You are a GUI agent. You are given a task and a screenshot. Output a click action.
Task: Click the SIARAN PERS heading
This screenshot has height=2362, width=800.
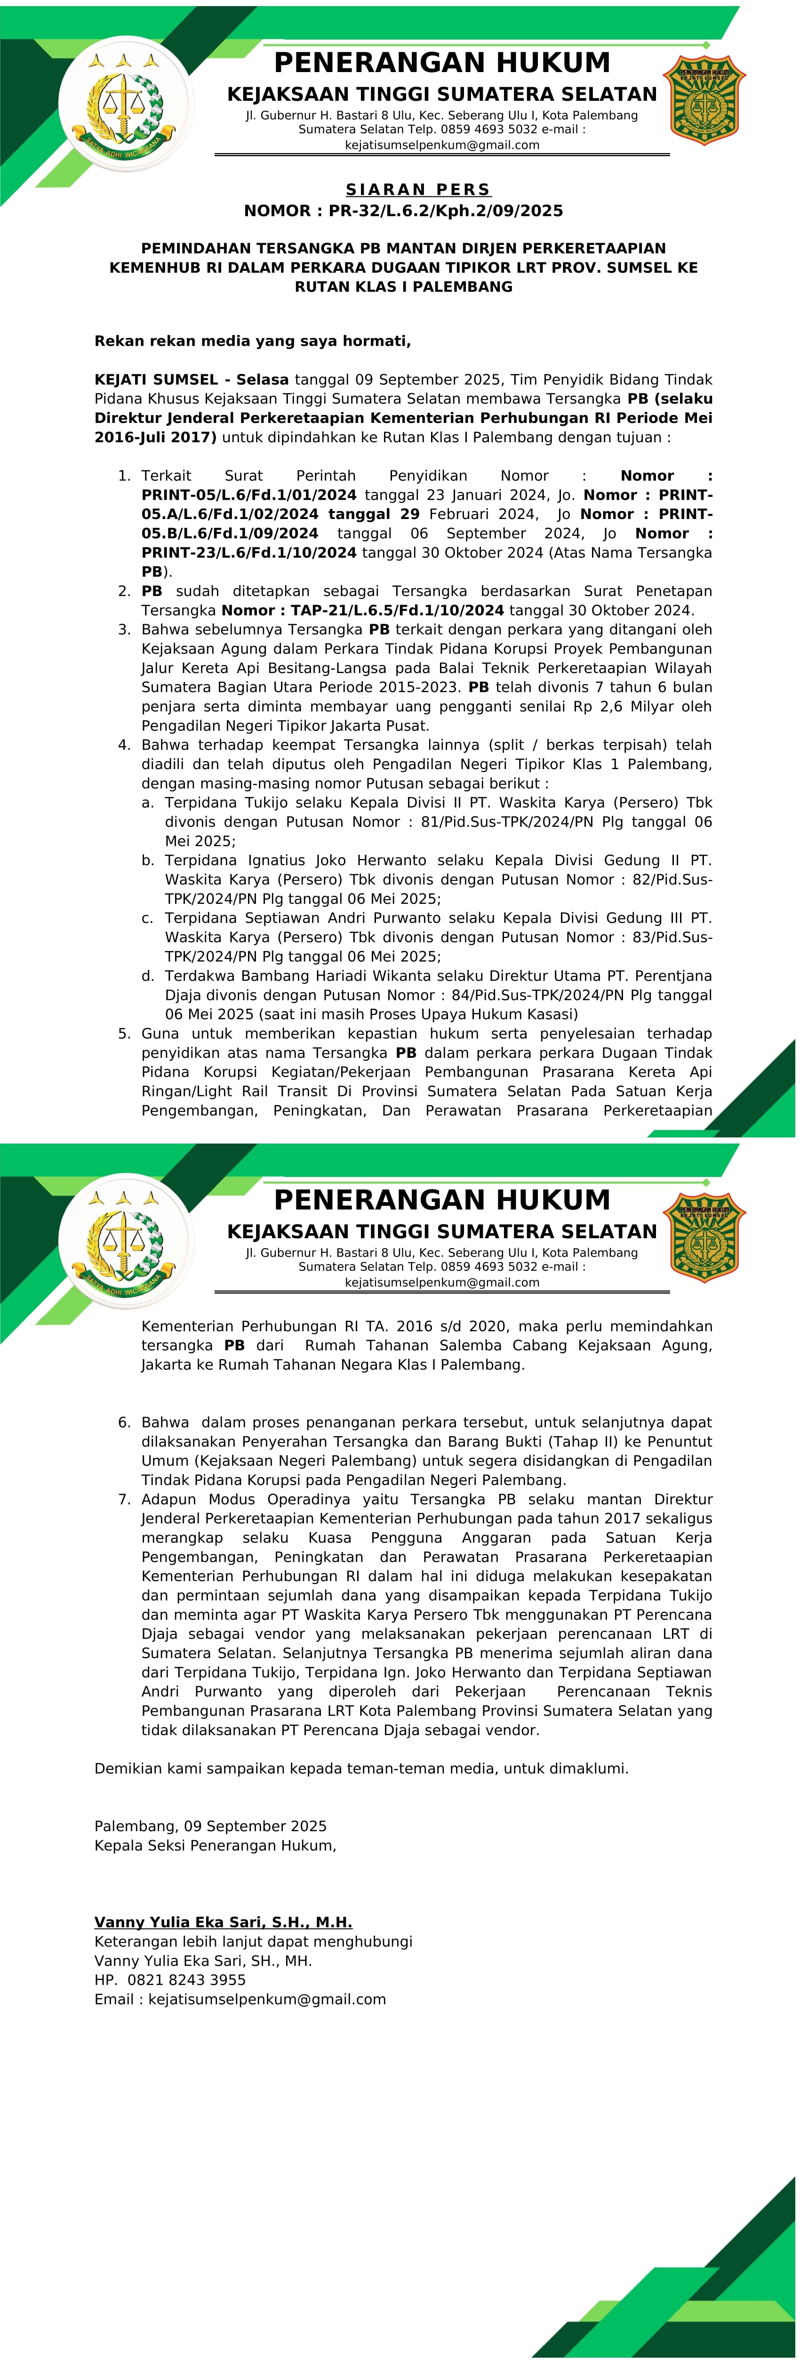[418, 190]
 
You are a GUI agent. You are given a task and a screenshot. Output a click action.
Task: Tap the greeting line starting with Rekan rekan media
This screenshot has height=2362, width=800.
[253, 341]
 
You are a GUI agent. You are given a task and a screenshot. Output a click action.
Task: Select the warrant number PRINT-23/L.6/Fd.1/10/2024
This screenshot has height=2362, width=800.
[248, 553]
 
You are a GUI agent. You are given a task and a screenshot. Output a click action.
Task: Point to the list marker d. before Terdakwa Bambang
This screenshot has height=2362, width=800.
[148, 976]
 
